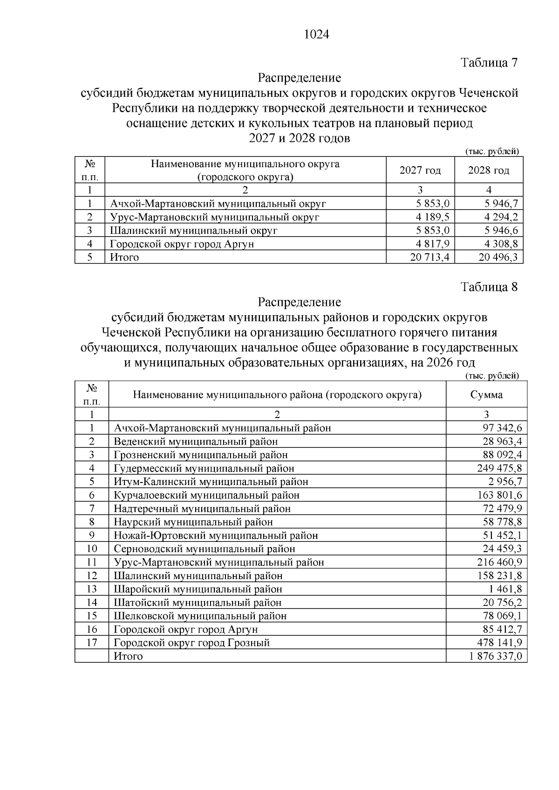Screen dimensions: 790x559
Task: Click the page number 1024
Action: click(316, 35)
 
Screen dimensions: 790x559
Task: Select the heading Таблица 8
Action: click(489, 287)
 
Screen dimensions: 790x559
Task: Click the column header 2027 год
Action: click(420, 170)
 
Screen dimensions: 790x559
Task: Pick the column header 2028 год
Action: click(489, 170)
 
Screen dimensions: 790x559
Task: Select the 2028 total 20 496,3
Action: click(498, 257)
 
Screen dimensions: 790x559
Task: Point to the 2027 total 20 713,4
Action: click(429, 257)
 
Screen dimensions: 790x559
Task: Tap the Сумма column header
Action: click(486, 395)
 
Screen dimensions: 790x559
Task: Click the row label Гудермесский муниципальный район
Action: click(204, 468)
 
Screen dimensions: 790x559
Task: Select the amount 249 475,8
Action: click(499, 468)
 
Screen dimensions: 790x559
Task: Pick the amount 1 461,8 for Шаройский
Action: click(505, 589)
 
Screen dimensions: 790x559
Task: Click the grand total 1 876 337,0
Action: click(495, 656)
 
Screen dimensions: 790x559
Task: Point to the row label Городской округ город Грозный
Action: click(192, 643)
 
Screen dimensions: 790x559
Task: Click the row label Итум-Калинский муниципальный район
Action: click(211, 482)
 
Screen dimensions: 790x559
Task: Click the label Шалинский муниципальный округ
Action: click(194, 230)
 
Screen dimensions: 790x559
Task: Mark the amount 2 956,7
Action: click(505, 482)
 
